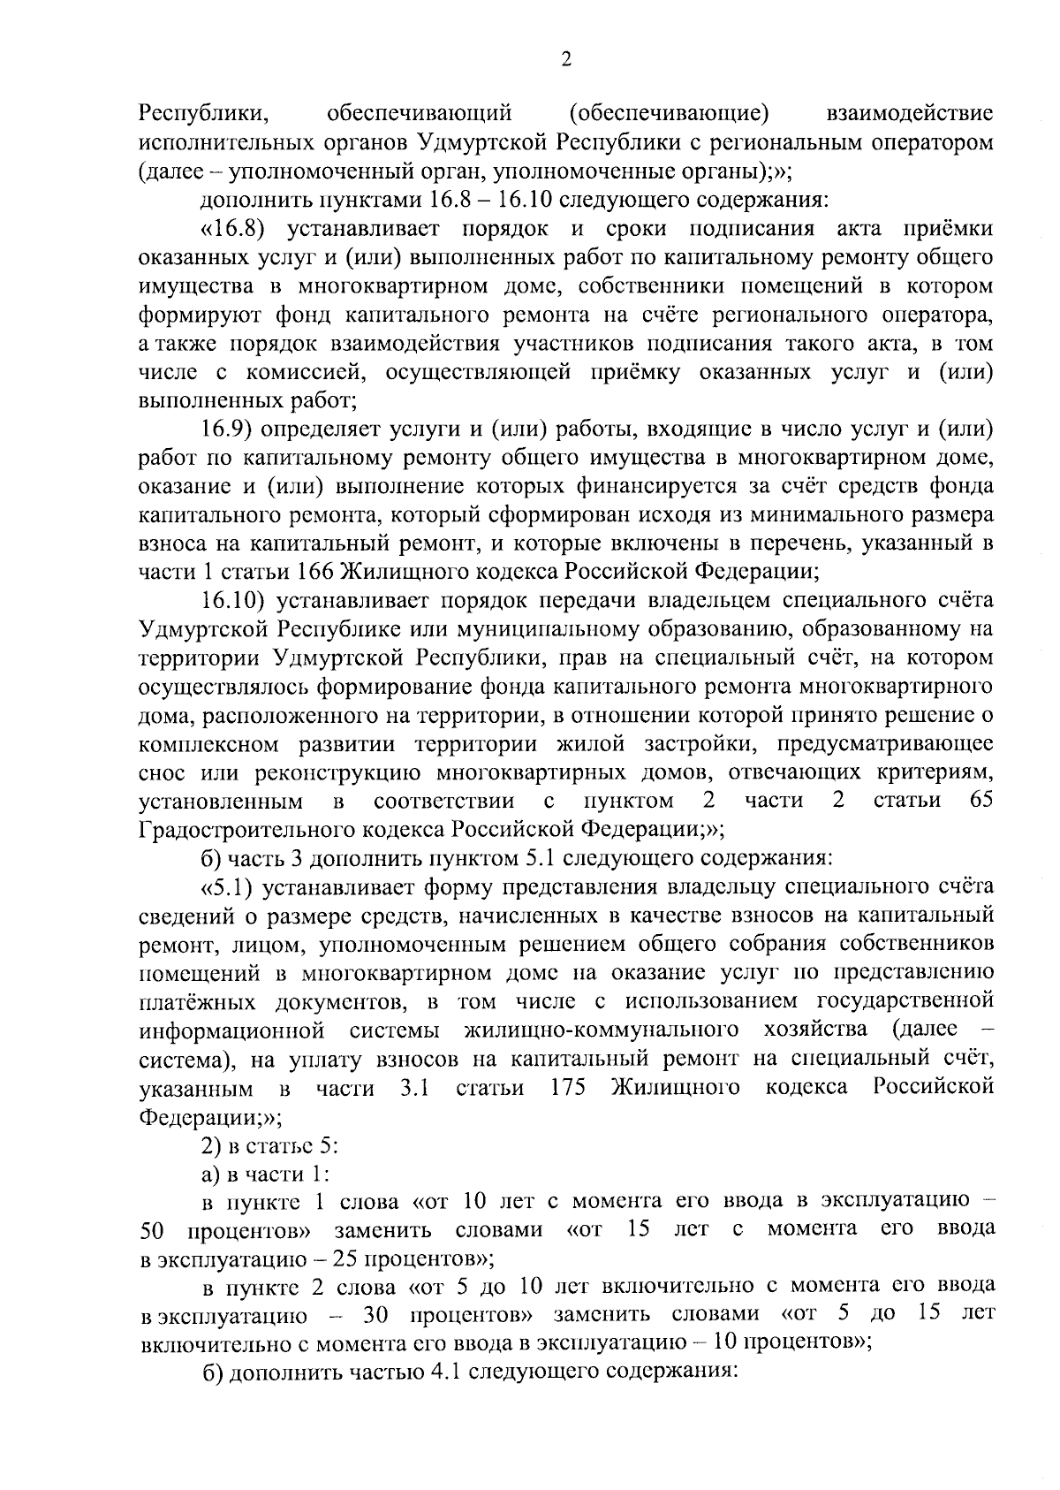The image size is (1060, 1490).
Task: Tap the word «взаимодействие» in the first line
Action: (x=909, y=113)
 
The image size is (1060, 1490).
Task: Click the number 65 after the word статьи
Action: (x=980, y=801)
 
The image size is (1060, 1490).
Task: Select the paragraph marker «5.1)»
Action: (x=230, y=886)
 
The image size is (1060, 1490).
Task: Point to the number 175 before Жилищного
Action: (x=568, y=1087)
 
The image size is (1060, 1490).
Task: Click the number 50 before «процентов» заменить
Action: (x=152, y=1231)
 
